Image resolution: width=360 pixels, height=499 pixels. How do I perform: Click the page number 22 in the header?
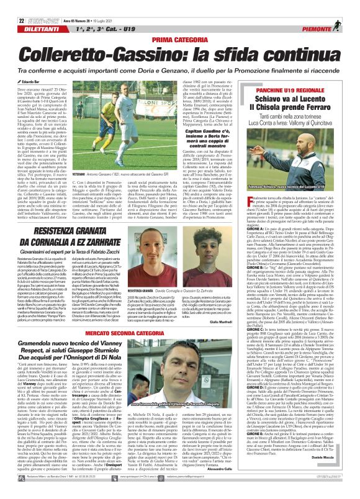pos(12,6)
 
